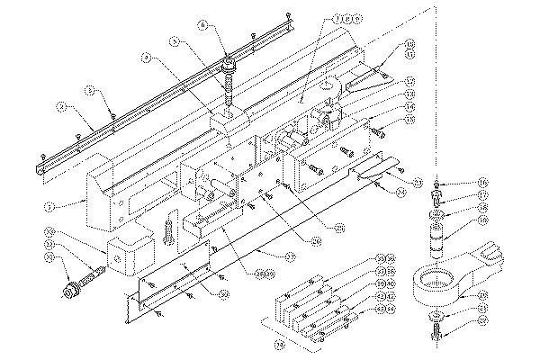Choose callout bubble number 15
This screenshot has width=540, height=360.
pyautogui.click(x=410, y=121)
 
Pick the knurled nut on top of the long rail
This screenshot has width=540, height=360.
pyautogui.click(x=227, y=64)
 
